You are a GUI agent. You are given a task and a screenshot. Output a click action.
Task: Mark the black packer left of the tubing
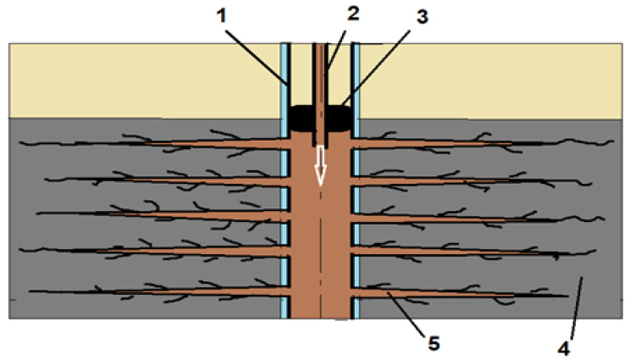pos(301,119)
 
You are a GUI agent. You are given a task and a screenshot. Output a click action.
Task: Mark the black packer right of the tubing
pos(340,119)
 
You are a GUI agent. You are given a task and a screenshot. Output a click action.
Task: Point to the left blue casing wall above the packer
pos(285,76)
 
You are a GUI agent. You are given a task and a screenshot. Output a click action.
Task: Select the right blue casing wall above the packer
pos(356,76)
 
